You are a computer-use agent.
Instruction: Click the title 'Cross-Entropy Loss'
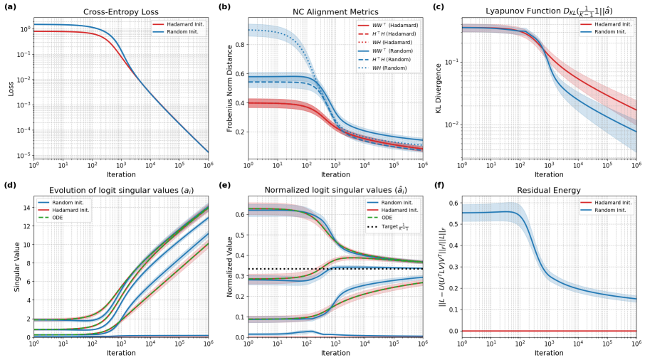click(121, 12)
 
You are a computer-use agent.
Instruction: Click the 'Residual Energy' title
click(548, 190)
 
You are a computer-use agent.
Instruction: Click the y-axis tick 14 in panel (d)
click(26, 208)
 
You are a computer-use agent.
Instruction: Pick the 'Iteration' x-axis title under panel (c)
click(548, 174)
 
